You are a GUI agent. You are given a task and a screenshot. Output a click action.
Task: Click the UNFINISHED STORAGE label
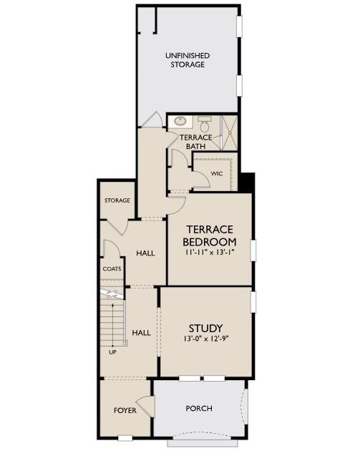coord(187,59)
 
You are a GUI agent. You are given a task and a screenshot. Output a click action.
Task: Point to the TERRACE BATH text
coord(195,142)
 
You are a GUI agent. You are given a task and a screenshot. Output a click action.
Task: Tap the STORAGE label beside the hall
coord(117,200)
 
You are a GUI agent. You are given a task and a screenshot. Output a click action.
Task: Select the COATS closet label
coord(111,269)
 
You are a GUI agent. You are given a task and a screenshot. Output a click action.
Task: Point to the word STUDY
coord(205,329)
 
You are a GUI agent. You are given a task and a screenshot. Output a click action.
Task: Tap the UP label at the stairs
coord(112,352)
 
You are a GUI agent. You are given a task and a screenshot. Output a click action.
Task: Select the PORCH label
coord(199,409)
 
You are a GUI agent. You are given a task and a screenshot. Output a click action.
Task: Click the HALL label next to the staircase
coord(141,333)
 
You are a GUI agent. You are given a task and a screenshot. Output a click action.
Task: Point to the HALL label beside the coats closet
coord(145,253)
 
